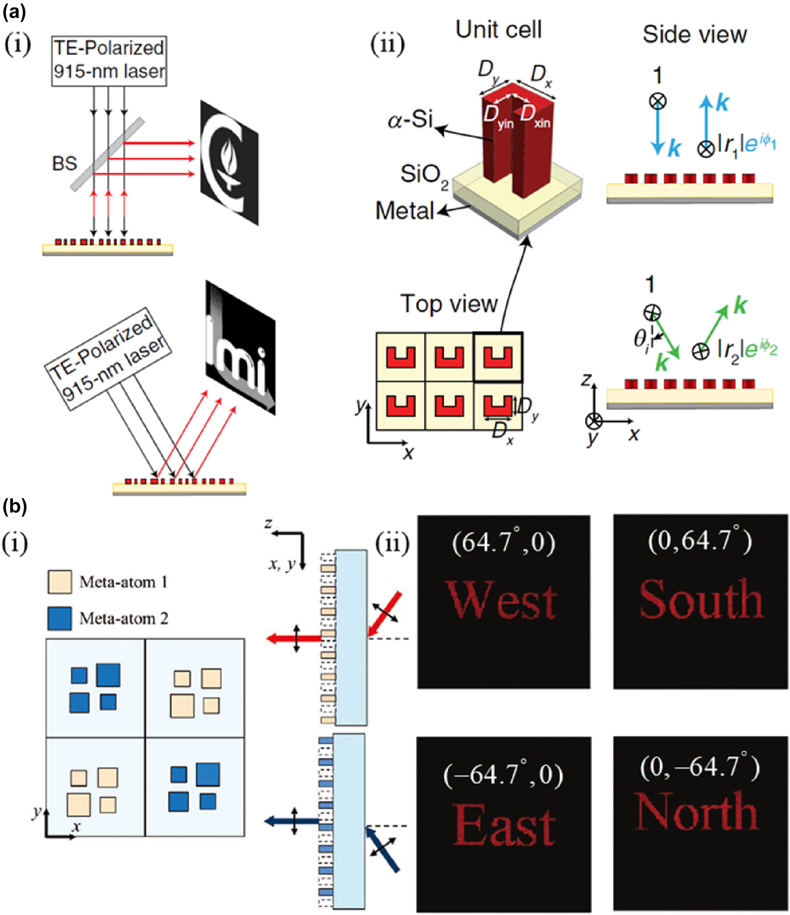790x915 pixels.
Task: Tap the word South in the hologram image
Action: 701,599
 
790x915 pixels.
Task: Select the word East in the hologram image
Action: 504,825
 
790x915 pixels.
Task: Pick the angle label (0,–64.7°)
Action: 700,767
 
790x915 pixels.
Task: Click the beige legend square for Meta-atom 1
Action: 60,582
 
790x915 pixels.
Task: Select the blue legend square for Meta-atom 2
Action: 60,618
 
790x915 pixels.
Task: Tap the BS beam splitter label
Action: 64,163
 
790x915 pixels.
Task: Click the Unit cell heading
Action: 499,30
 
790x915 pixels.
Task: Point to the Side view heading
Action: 694,34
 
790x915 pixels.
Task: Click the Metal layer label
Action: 405,211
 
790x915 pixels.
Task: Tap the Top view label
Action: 449,303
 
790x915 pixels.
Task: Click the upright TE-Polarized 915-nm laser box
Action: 109,60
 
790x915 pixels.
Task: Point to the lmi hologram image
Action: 240,348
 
